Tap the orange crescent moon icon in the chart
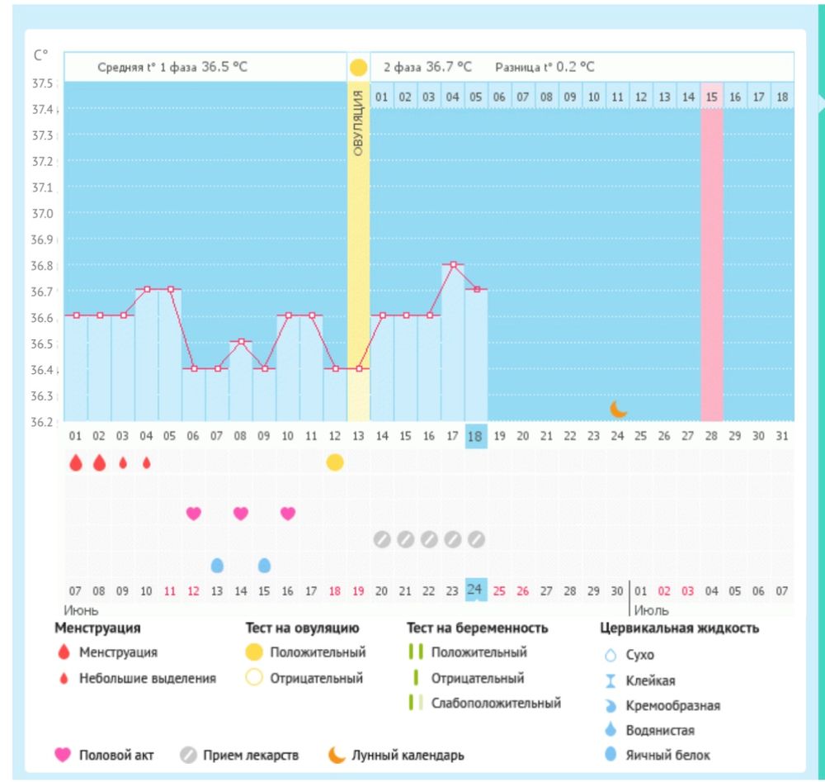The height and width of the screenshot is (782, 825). pos(619,408)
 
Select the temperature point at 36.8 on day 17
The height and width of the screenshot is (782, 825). pos(453,264)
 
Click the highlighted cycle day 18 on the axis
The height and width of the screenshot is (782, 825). pos(476,436)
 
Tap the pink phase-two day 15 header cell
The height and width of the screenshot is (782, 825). pos(712,97)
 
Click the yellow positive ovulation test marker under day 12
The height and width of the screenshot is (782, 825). pos(334,462)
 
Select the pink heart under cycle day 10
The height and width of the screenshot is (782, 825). pos(288,514)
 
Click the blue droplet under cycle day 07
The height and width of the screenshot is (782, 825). pos(217,565)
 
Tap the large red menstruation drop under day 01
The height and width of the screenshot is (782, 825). pos(76,462)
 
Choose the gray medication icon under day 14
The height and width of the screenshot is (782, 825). pos(381,539)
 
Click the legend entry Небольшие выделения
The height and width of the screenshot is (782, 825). pos(147,679)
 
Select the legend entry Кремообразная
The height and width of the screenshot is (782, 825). pos(673,705)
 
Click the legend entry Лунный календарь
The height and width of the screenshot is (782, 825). pos(408,755)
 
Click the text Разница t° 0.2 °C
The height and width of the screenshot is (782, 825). pos(544,67)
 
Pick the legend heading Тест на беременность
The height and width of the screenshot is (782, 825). pos(478,628)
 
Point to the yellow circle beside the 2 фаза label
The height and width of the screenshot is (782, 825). pos(358,67)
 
